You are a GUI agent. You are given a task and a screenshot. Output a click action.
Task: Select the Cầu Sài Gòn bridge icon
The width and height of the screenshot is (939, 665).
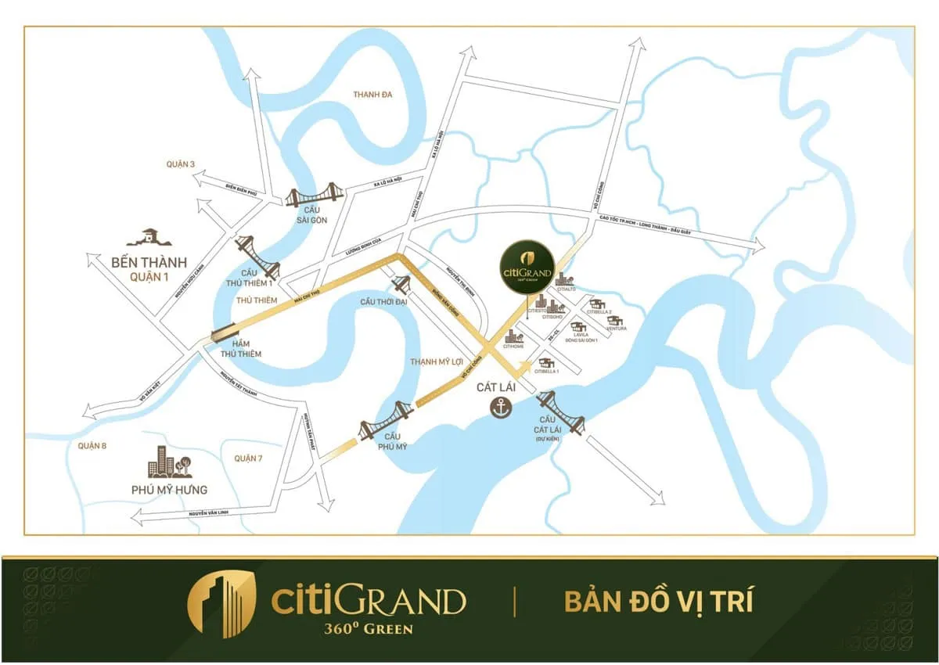pos(314,196)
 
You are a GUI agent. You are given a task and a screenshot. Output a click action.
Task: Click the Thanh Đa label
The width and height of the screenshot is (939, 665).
pos(372,95)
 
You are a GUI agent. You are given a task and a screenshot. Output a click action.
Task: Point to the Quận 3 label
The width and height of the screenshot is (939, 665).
pos(180,164)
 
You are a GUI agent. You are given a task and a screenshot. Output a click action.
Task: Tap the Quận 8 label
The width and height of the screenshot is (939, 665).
pos(92,445)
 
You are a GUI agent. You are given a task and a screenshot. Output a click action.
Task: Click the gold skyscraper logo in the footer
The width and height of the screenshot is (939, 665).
pos(221,604)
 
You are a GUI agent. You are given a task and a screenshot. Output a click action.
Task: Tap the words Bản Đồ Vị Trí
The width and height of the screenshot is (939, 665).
pos(658,602)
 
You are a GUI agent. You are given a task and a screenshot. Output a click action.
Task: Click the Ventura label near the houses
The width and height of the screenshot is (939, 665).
pos(616,329)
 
